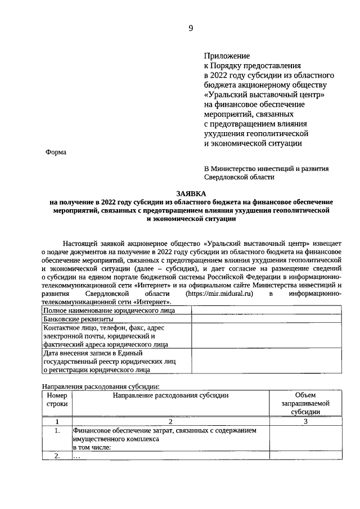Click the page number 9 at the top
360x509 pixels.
(191, 29)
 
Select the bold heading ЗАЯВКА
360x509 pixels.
(191, 193)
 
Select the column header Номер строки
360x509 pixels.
(57, 400)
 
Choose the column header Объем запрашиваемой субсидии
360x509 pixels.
(305, 404)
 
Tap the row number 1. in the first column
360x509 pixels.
(57, 431)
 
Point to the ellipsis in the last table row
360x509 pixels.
(77, 457)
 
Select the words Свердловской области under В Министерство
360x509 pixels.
(240, 177)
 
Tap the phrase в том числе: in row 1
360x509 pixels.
(92, 447)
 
